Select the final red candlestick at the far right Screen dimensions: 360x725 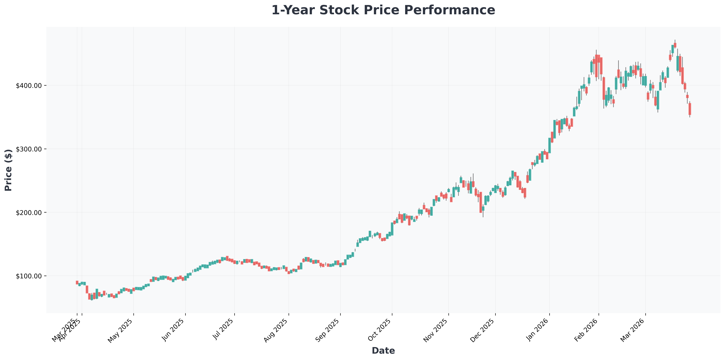690,109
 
